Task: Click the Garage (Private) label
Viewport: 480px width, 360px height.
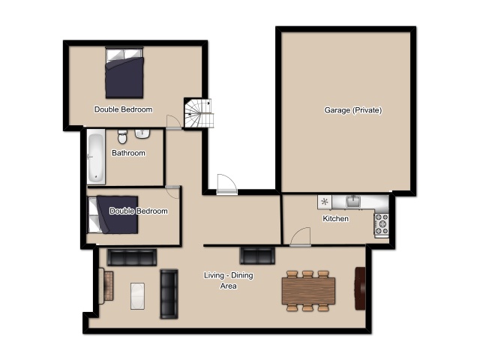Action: click(x=353, y=110)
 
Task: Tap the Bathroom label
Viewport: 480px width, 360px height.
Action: click(x=128, y=153)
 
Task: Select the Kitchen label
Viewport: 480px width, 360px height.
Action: click(x=335, y=218)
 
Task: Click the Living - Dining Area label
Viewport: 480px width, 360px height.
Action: click(x=228, y=280)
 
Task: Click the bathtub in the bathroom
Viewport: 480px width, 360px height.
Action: click(x=96, y=157)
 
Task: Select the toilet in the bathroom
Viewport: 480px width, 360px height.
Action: click(x=122, y=136)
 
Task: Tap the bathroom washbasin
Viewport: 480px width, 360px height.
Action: click(x=142, y=134)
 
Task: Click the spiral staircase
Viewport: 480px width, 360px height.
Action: click(x=198, y=113)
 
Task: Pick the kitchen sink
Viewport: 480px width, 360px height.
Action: click(x=353, y=202)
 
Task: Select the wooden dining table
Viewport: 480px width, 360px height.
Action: click(x=308, y=290)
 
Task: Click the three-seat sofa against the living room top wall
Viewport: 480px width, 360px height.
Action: click(x=132, y=257)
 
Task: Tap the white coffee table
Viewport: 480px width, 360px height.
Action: click(x=137, y=296)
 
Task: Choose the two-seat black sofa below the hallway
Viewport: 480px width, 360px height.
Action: click(x=257, y=256)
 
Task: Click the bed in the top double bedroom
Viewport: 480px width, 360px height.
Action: click(x=124, y=73)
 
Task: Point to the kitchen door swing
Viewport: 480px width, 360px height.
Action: click(x=300, y=236)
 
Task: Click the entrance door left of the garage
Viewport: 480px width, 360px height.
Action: click(x=226, y=184)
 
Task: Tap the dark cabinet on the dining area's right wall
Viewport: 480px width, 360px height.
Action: click(x=360, y=288)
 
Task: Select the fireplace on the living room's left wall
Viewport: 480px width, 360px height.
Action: click(x=106, y=286)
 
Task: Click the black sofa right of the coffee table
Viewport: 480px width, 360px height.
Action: click(x=169, y=294)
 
